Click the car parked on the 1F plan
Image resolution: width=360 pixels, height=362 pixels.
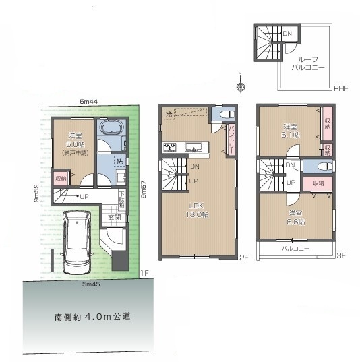point(80,243)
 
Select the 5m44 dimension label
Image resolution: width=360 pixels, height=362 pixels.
point(89,101)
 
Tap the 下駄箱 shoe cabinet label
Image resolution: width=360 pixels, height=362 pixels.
point(121,200)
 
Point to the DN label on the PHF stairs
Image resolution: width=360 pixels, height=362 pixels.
point(287,33)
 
